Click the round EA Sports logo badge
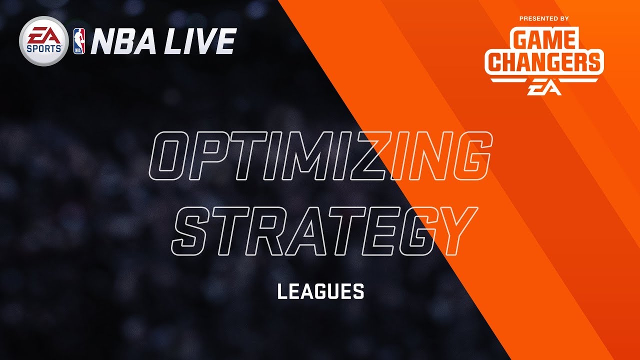tap(43, 41)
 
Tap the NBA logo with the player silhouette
tap(79, 41)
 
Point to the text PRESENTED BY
tap(544, 19)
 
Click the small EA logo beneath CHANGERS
tap(544, 89)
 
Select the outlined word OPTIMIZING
tap(320, 156)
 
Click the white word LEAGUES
tap(320, 291)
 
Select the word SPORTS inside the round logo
tap(43, 48)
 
